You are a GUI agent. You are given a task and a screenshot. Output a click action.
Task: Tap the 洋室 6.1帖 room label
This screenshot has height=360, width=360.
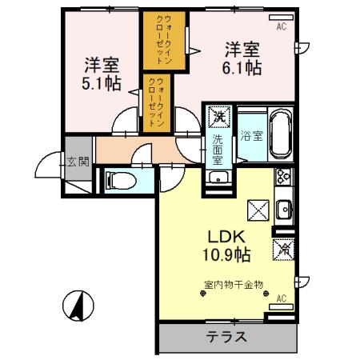tap(240, 58)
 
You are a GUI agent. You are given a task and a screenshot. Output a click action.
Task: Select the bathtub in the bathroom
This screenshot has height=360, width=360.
tap(280, 128)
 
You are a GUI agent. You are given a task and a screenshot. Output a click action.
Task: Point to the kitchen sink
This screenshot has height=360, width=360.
tap(282, 210)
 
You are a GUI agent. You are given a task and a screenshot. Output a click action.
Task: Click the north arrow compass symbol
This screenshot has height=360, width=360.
tap(78, 306)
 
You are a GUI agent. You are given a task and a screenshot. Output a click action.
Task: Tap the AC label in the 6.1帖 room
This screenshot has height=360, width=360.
tap(281, 26)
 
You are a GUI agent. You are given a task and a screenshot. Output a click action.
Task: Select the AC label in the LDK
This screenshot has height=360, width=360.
tap(281, 298)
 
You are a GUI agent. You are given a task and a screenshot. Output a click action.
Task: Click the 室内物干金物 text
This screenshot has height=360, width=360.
tap(233, 285)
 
